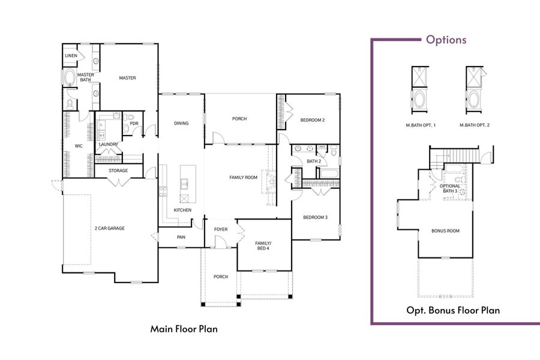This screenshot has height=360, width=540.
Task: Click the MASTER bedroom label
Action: (x=127, y=78)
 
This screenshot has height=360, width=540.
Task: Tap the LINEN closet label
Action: (x=70, y=56)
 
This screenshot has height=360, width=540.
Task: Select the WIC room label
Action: (x=78, y=146)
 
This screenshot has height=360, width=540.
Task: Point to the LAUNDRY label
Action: (x=108, y=144)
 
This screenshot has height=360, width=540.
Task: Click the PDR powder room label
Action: (x=134, y=124)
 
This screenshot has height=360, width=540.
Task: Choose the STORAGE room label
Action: (x=118, y=171)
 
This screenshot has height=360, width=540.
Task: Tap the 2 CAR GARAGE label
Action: (x=109, y=229)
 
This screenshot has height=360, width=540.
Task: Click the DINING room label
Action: (x=181, y=124)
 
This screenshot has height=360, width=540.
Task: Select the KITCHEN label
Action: (x=182, y=210)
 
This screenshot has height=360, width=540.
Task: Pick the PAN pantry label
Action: (x=181, y=237)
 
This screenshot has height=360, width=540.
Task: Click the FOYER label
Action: (x=220, y=229)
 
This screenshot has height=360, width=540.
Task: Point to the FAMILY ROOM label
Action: (x=243, y=178)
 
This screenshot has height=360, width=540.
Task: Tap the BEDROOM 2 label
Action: (x=312, y=120)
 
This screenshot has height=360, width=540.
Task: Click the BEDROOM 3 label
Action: (x=314, y=217)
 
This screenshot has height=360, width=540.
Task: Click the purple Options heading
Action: (x=446, y=40)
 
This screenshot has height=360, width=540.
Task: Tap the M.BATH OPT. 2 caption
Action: (x=474, y=125)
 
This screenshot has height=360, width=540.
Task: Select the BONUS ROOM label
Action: (x=445, y=231)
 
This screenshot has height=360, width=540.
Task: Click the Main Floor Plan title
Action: (x=184, y=329)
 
